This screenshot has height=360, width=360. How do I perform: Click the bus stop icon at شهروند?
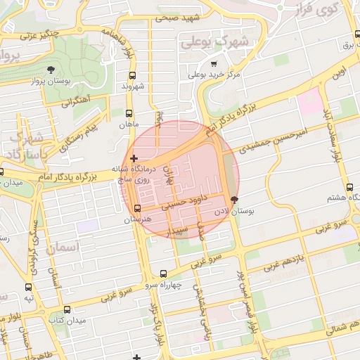132,76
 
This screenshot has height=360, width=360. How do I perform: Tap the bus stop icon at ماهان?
128,113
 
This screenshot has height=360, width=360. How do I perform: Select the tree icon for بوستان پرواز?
51,70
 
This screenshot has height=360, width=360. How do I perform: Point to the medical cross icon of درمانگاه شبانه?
134,158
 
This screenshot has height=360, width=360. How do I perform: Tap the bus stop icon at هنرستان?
137,208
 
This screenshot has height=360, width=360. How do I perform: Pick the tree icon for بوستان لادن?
234,200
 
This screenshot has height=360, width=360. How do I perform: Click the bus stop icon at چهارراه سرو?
164,274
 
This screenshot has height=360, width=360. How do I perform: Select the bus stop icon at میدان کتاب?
67,309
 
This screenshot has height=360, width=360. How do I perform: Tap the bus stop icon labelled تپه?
29,287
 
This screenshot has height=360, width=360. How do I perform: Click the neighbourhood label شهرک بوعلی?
214,42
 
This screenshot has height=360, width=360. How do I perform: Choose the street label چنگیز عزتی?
48,33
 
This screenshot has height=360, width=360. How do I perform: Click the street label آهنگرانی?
76,101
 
